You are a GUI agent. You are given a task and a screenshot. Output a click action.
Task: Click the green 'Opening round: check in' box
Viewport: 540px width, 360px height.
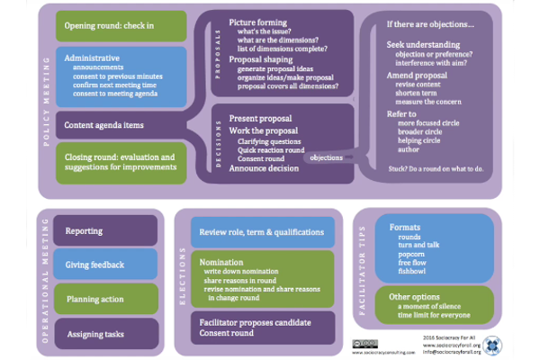[121, 25]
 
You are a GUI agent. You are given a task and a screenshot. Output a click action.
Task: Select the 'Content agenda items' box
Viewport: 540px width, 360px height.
[121, 124]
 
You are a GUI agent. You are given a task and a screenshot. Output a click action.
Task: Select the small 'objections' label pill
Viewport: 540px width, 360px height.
[327, 157]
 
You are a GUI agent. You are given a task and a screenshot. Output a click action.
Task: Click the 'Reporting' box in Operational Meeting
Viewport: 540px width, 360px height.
[106, 231]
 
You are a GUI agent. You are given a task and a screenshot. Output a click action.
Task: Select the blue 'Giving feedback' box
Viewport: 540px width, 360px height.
[106, 265]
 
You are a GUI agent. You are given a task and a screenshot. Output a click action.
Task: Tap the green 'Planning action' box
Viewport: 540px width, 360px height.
[106, 299]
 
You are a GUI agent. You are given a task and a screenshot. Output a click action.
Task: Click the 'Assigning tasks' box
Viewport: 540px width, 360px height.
[106, 334]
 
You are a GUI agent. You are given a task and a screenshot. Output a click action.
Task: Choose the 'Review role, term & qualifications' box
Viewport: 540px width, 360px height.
[262, 231]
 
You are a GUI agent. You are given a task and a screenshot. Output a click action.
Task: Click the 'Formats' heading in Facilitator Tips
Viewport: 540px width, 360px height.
[405, 227]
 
